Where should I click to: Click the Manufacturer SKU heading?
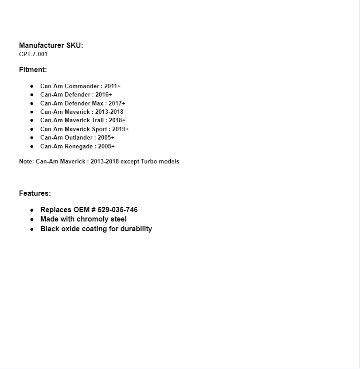click(x=51, y=45)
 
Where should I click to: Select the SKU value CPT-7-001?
click(x=33, y=54)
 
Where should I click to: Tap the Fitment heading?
click(x=33, y=70)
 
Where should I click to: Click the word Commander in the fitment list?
click(x=82, y=86)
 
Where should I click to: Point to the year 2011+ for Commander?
click(x=113, y=86)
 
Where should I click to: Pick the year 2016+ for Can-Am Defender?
click(x=104, y=94)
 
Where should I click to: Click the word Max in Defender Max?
click(x=98, y=103)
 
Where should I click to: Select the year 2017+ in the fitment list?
click(x=117, y=103)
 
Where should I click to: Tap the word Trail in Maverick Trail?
click(x=98, y=120)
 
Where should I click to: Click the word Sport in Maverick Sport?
click(x=99, y=129)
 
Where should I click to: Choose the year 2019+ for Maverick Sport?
click(x=121, y=129)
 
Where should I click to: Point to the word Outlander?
click(x=78, y=137)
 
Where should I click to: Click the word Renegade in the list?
click(x=79, y=146)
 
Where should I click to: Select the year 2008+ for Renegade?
click(x=107, y=146)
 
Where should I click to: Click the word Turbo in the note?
click(x=149, y=161)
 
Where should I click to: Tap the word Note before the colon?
click(x=26, y=161)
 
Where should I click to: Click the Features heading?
click(x=35, y=193)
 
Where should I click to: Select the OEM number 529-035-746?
click(x=117, y=210)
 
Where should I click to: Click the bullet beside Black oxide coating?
click(x=32, y=229)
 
